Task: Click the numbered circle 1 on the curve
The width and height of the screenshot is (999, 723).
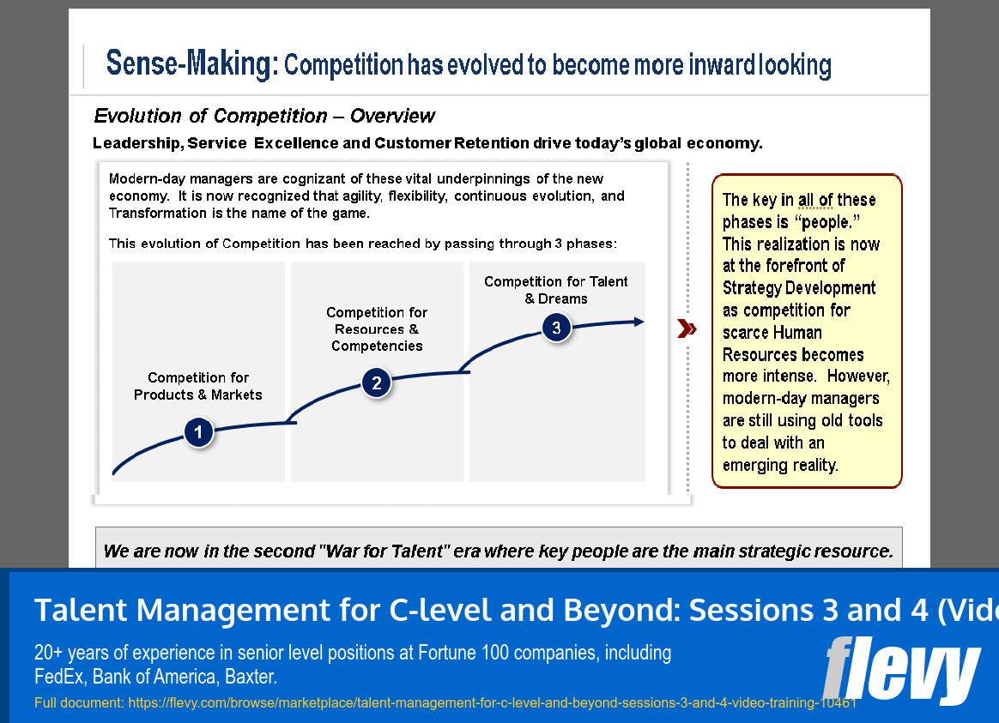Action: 198,432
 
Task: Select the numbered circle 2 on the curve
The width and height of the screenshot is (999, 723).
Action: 377,383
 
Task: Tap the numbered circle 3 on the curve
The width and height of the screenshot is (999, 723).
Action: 556,328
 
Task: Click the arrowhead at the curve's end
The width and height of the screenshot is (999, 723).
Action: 639,322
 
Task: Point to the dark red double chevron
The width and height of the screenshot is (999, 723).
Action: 687,328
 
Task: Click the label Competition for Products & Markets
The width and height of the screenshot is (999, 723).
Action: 198,386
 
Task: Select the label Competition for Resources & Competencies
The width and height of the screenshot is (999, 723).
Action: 377,329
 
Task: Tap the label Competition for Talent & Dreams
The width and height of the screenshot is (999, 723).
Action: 556,290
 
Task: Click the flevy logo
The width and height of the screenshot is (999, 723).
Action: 901,670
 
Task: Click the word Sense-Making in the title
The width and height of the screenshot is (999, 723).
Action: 191,63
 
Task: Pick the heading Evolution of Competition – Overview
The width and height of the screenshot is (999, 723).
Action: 264,116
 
